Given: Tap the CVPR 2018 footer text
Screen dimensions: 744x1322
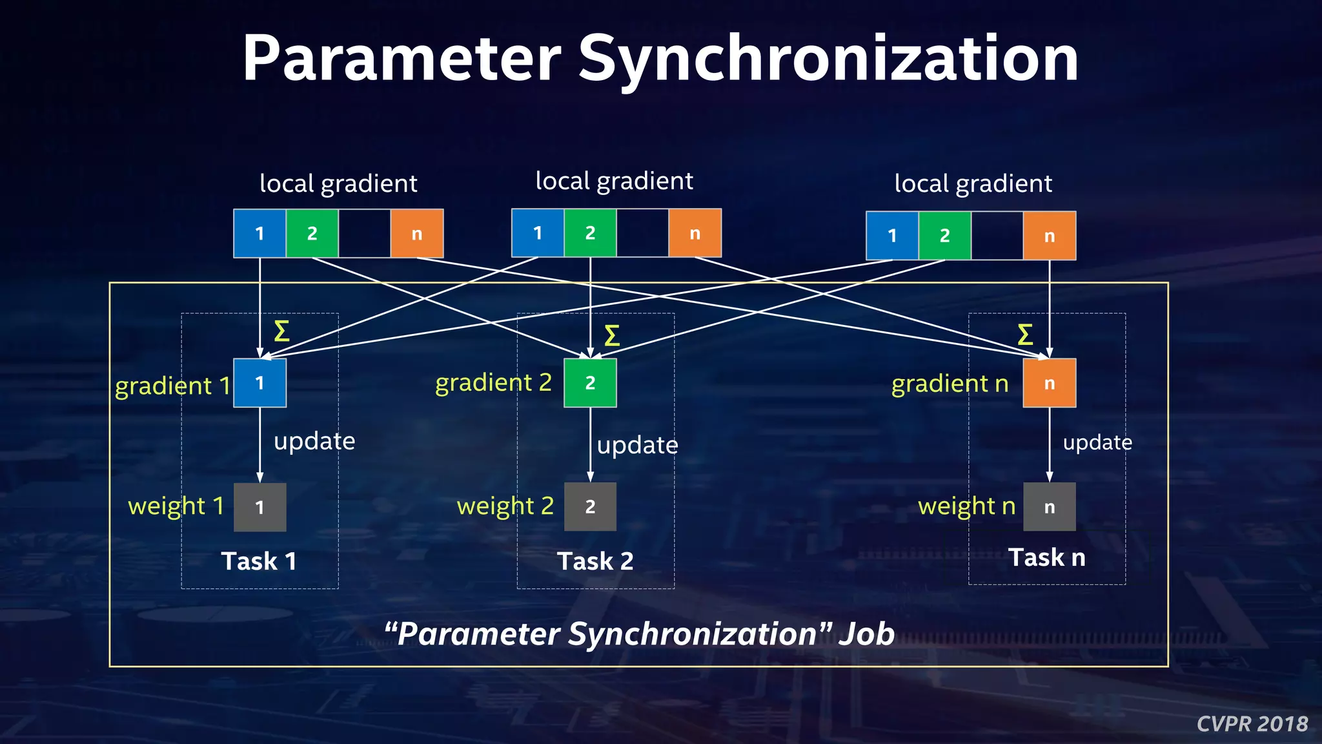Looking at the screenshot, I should [1252, 724].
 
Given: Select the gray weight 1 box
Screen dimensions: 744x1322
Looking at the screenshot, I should [259, 507].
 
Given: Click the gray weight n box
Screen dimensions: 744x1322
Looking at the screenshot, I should [1049, 507].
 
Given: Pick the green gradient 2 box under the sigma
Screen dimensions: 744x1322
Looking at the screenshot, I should [590, 383].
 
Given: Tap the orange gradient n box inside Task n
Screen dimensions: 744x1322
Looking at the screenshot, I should [1049, 383].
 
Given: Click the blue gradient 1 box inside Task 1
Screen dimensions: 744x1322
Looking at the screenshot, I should [259, 383].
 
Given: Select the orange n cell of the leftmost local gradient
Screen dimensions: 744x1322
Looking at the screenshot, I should [416, 234].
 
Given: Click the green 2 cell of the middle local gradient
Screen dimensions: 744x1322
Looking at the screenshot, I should [590, 233].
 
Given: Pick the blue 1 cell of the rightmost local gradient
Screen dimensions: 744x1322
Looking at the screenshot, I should [892, 236].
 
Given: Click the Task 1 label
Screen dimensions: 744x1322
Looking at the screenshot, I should [259, 561].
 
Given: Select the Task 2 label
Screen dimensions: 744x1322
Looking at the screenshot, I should [595, 561].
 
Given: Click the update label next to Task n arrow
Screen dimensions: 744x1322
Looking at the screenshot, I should [1097, 443].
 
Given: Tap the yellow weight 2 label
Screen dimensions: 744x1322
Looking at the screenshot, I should [505, 506].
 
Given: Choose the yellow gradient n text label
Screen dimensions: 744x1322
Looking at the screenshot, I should [950, 384].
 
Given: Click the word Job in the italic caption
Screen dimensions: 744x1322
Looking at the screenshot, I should [866, 634].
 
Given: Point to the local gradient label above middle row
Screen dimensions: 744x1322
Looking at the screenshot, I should [614, 181].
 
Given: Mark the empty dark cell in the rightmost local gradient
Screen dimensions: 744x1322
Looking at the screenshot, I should [997, 236].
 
